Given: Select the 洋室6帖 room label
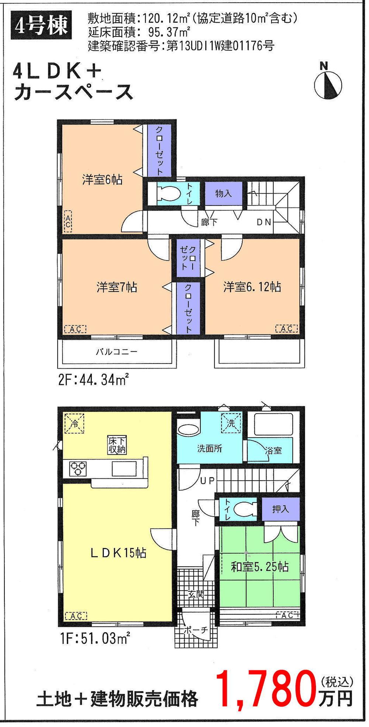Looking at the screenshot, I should click(102, 180).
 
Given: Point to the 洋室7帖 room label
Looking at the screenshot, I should click(117, 287).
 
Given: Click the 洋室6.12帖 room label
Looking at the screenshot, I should click(252, 287).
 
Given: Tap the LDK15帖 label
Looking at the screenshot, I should click(118, 553).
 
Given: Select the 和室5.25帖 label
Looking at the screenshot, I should click(259, 566).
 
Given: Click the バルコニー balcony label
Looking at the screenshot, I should click(117, 351).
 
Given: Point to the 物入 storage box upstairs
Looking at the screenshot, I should click(223, 193).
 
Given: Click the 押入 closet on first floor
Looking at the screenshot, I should click(280, 509).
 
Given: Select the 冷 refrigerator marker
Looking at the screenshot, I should click(74, 424).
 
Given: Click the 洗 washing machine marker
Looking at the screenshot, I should click(231, 423).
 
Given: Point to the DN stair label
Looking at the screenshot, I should click(264, 222).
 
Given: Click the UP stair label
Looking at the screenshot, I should click(207, 481).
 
